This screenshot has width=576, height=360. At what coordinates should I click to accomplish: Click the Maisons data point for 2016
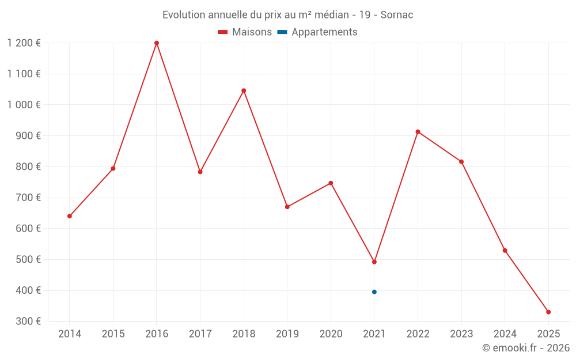coord(157,43)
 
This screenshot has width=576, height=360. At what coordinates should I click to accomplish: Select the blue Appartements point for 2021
coord(374,292)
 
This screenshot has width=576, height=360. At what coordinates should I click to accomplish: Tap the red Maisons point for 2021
coord(374,262)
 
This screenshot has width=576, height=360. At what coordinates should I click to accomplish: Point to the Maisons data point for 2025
coord(548,312)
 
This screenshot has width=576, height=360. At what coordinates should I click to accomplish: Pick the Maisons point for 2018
coord(244,90)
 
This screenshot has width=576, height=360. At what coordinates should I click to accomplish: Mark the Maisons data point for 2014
coord(70,216)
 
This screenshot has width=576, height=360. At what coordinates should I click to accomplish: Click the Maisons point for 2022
coord(418,132)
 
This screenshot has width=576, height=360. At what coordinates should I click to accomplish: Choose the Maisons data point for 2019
coord(287,207)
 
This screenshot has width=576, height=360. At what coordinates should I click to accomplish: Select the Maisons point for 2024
coord(505,251)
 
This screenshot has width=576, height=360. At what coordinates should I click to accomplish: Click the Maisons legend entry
coord(245,32)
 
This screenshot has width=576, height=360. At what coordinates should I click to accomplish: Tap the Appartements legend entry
coord(318,32)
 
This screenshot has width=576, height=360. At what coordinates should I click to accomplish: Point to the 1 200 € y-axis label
coord(24,43)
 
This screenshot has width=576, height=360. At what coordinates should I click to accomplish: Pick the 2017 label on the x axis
coord(200,334)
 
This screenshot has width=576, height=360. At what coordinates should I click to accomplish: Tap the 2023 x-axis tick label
coord(461,334)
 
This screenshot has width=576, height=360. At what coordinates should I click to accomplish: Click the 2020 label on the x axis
coord(331,334)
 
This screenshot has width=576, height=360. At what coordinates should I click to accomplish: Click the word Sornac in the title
coord(397,15)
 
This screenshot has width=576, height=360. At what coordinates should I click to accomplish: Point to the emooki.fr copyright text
coord(526,348)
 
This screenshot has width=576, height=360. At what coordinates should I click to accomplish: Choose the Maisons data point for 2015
coord(113,169)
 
